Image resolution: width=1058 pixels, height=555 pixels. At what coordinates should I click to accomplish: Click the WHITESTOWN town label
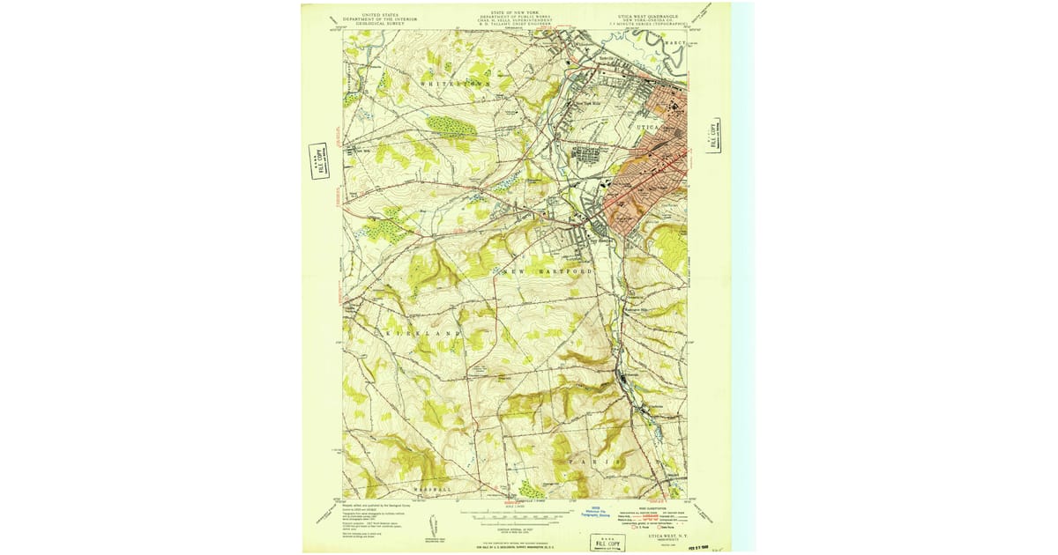pyautogui.click(x=454, y=83)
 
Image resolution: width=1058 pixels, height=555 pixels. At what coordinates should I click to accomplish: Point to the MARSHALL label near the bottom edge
pyautogui.click(x=433, y=489)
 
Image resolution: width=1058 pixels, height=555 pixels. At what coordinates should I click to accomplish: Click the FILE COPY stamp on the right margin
pyautogui.click(x=714, y=135)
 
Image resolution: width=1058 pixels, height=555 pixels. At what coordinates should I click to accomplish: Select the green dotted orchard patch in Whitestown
pyautogui.click(x=451, y=128)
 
